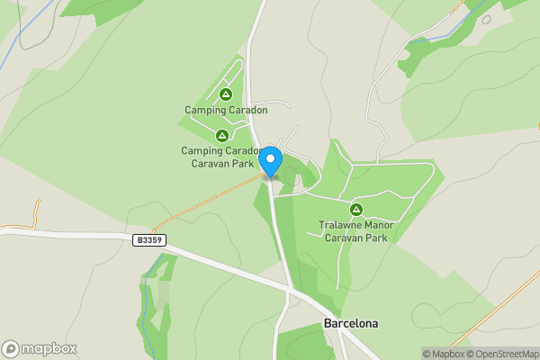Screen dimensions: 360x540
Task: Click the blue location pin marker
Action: (x=270, y=160)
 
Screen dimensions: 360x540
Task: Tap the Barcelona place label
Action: (x=351, y=323)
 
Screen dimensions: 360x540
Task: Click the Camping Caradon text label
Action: (x=226, y=111)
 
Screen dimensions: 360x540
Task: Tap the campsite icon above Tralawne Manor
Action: (x=356, y=210)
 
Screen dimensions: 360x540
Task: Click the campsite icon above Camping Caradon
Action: (x=226, y=94)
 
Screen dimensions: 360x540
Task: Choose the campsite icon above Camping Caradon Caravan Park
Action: (x=221, y=135)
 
